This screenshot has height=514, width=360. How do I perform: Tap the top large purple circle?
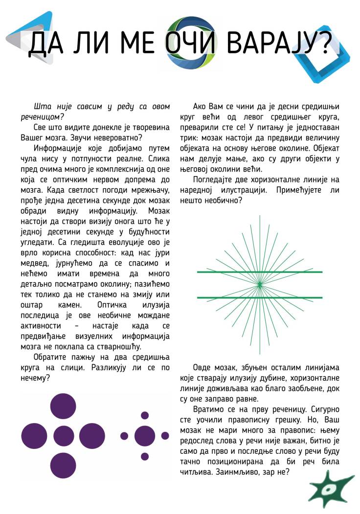63,406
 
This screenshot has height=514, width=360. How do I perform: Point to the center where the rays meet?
260,284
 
